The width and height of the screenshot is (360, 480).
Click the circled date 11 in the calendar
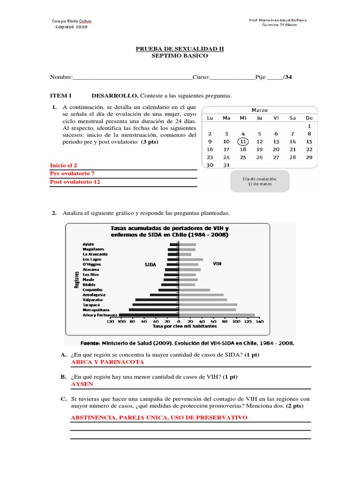click(x=242, y=141)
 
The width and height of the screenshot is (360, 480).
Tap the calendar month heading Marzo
click(x=259, y=110)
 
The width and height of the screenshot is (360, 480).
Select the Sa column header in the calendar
click(x=292, y=118)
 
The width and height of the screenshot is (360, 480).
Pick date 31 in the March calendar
click(x=226, y=165)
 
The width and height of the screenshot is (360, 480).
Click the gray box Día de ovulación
click(x=259, y=181)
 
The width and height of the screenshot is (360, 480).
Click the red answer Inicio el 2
click(x=63, y=165)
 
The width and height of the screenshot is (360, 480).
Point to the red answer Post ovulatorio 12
click(x=75, y=182)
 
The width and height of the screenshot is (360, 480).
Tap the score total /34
click(x=287, y=77)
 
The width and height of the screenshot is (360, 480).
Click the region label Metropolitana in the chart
click(x=96, y=310)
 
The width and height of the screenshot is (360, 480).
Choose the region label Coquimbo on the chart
click(x=92, y=290)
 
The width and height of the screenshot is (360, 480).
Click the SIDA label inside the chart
click(x=150, y=264)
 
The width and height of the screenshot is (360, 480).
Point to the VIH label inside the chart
click(x=217, y=264)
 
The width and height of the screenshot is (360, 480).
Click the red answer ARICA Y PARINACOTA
click(x=107, y=362)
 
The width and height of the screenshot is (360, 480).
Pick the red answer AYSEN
click(x=82, y=384)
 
